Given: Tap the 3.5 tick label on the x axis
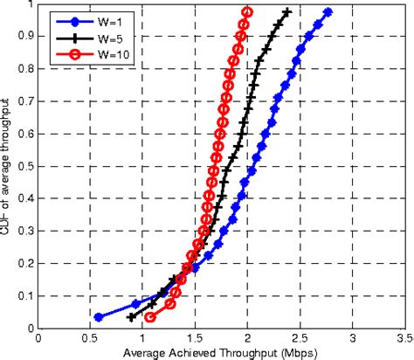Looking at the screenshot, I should pyautogui.click(x=403, y=336).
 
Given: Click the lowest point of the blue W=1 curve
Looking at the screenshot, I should pyautogui.click(x=99, y=317).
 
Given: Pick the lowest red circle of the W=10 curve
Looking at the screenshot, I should pyautogui.click(x=150, y=317).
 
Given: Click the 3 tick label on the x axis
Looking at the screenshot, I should pyautogui.click(x=352, y=336).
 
